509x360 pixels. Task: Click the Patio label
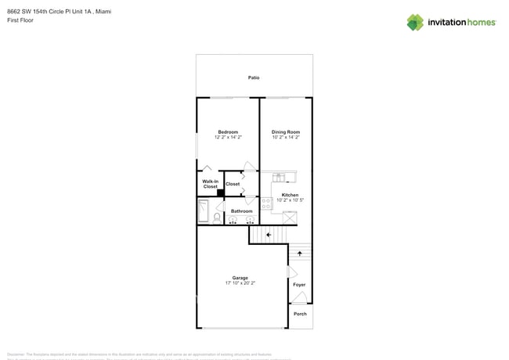point(254,77)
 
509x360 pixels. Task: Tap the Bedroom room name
point(228,131)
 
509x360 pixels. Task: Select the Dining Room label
point(286,131)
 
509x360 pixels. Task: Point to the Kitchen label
point(290,195)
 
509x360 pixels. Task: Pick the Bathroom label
point(242,211)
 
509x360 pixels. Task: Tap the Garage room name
point(240,278)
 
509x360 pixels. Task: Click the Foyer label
point(299,284)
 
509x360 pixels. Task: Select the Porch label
point(300,314)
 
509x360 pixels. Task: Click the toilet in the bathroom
point(217,217)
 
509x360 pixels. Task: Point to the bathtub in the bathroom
point(203,211)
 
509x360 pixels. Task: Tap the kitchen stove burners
point(266,203)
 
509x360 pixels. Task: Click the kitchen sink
point(279,178)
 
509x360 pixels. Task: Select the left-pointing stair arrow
point(269,234)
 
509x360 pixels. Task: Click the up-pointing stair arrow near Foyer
point(300,254)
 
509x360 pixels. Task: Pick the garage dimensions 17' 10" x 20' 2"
point(240,283)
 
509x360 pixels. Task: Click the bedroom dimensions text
point(228,137)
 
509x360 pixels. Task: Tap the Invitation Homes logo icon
point(415,22)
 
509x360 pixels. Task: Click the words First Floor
point(20,20)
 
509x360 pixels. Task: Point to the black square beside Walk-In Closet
point(221,193)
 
